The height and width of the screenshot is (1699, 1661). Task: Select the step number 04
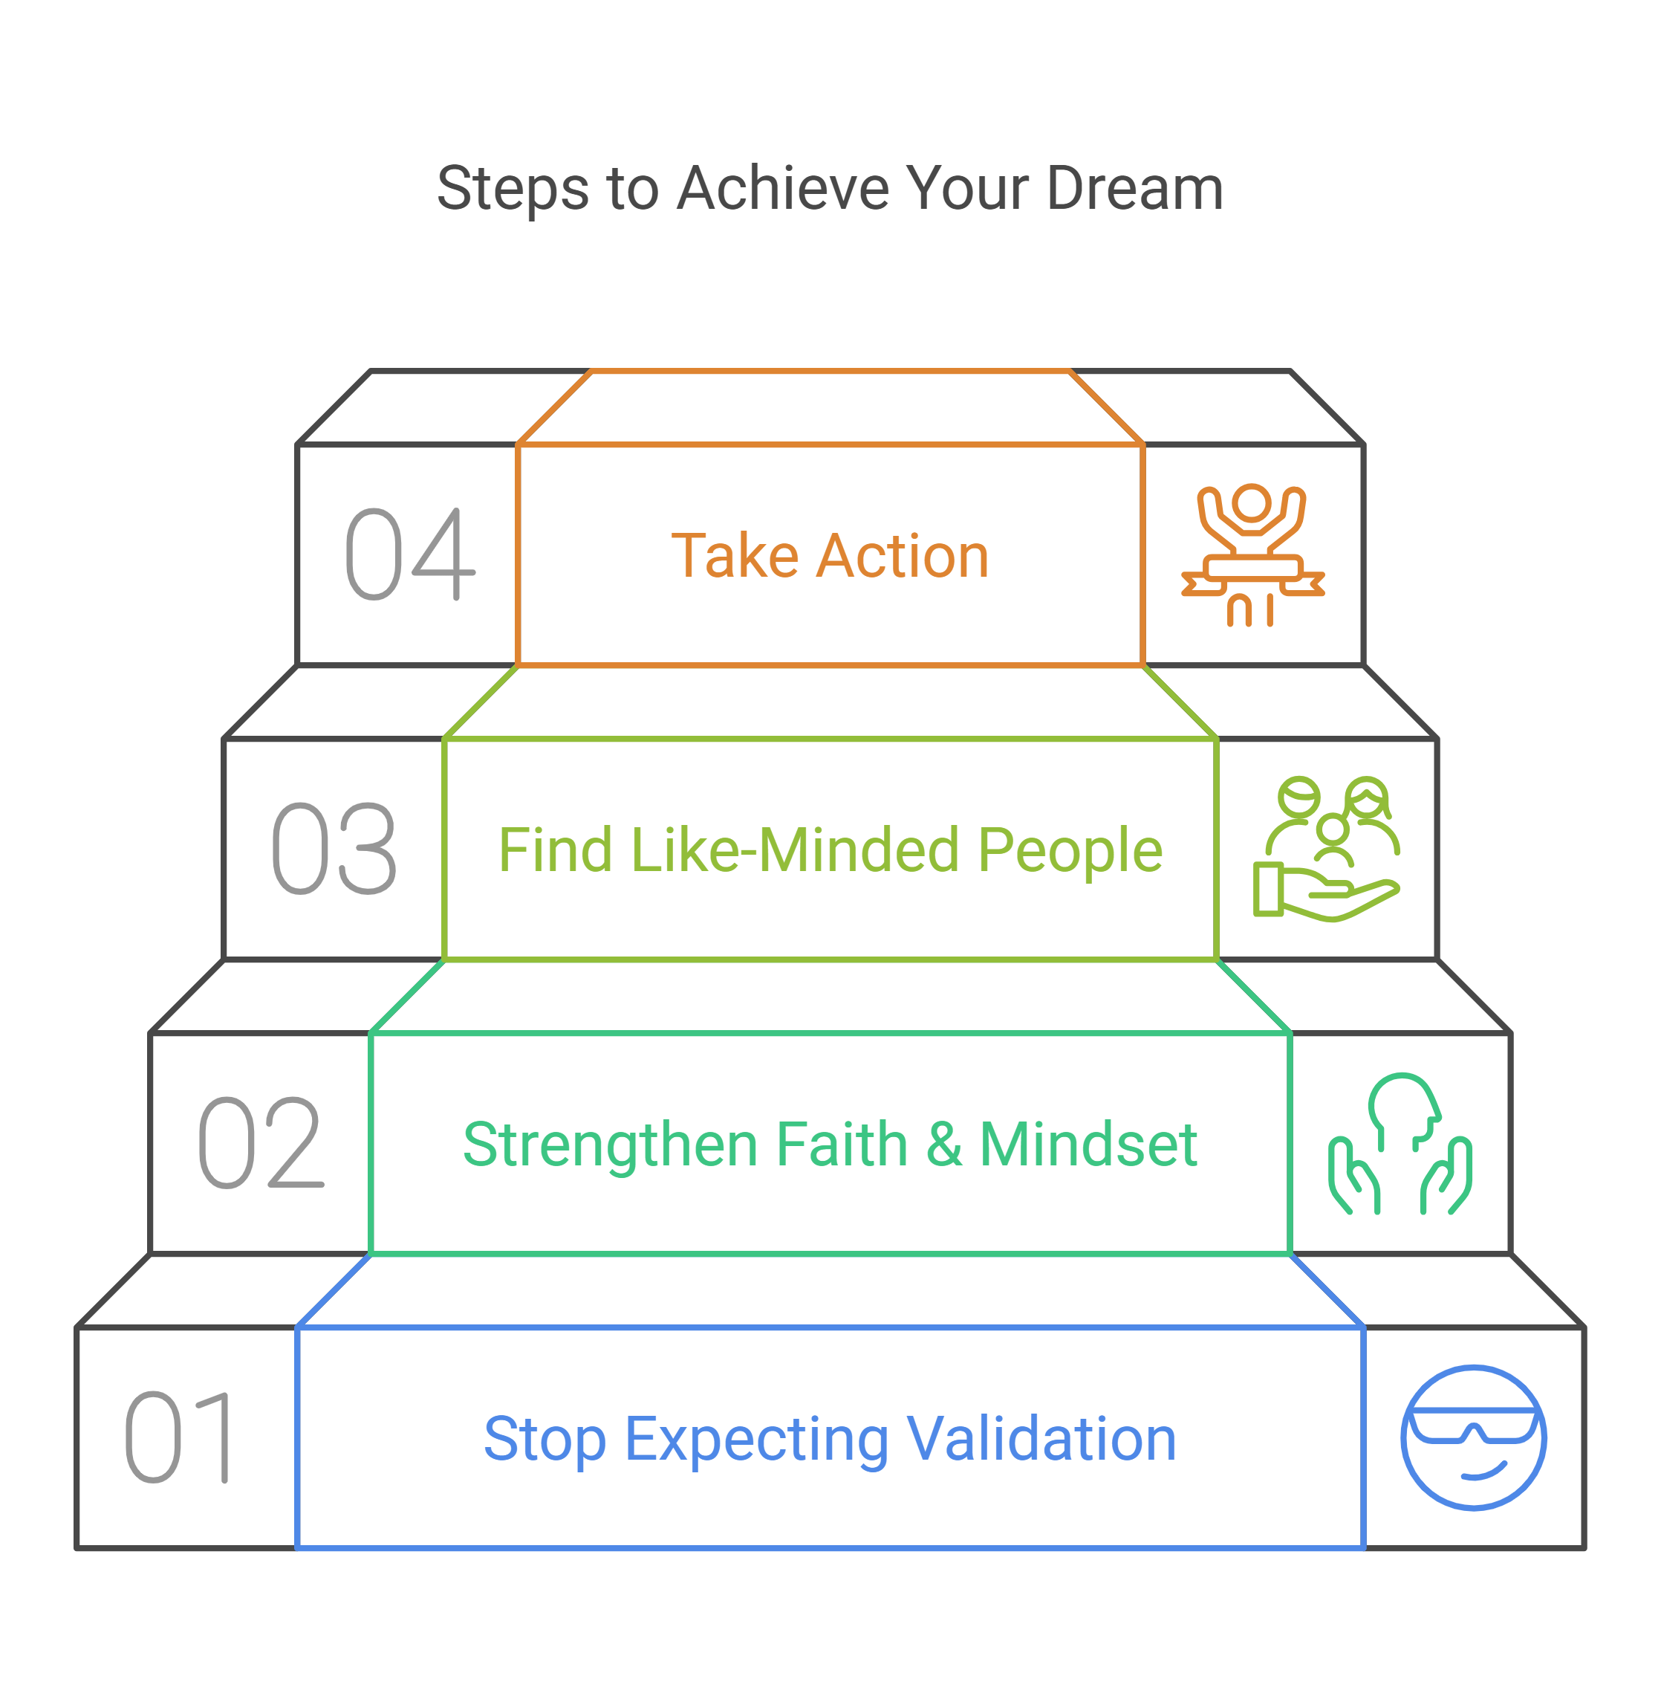click(x=410, y=555)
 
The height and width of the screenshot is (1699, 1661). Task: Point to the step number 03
click(x=335, y=849)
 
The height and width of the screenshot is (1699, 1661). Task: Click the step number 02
click(x=261, y=1143)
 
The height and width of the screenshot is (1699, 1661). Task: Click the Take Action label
click(x=830, y=556)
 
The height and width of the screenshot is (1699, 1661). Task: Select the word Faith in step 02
click(x=842, y=1144)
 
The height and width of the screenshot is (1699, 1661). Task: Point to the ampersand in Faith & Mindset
click(x=944, y=1144)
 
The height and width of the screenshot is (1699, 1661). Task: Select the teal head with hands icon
click(x=1400, y=1143)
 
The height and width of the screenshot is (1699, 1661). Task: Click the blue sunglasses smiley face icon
click(x=1474, y=1437)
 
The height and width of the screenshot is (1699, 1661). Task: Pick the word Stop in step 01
click(x=545, y=1439)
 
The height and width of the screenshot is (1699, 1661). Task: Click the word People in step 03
click(x=1070, y=851)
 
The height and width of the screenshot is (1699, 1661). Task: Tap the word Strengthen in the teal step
click(x=611, y=1144)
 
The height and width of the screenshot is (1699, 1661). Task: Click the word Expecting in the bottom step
click(x=756, y=1440)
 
